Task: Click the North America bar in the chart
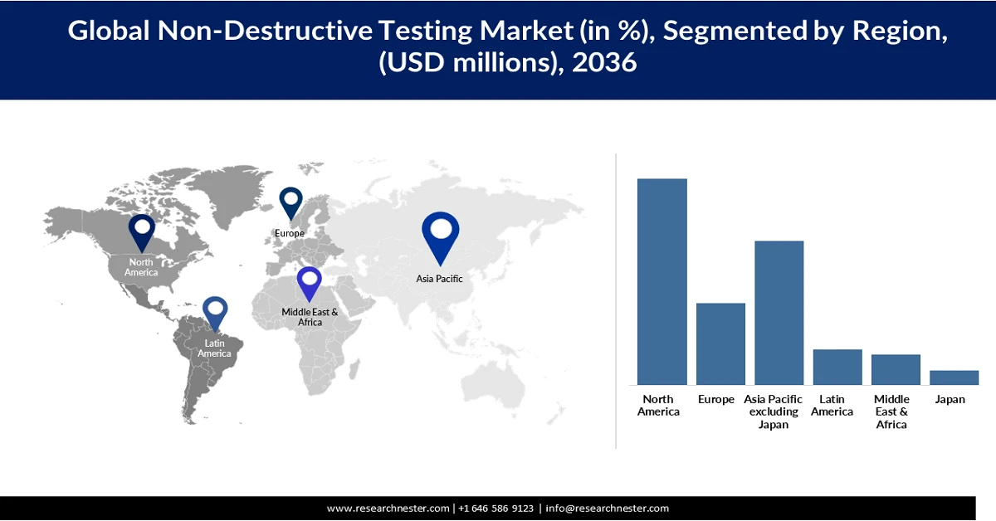coord(662,281)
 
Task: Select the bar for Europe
coord(720,343)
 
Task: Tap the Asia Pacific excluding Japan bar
coord(779,312)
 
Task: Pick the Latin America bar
coord(837,367)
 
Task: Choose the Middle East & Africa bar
coord(896,369)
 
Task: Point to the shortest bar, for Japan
coord(954,377)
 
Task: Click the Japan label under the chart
coord(950,399)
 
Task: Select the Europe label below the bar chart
coord(715,399)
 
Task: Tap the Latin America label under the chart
coord(832,406)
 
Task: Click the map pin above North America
coord(142,231)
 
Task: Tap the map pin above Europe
coord(290,202)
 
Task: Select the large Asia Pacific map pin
coord(440,235)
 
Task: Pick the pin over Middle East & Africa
coord(310,282)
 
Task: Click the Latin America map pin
coord(215,313)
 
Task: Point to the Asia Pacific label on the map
coord(439,279)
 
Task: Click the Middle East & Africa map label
coord(310,317)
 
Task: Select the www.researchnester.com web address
coord(388,508)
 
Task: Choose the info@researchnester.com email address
coord(607,508)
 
